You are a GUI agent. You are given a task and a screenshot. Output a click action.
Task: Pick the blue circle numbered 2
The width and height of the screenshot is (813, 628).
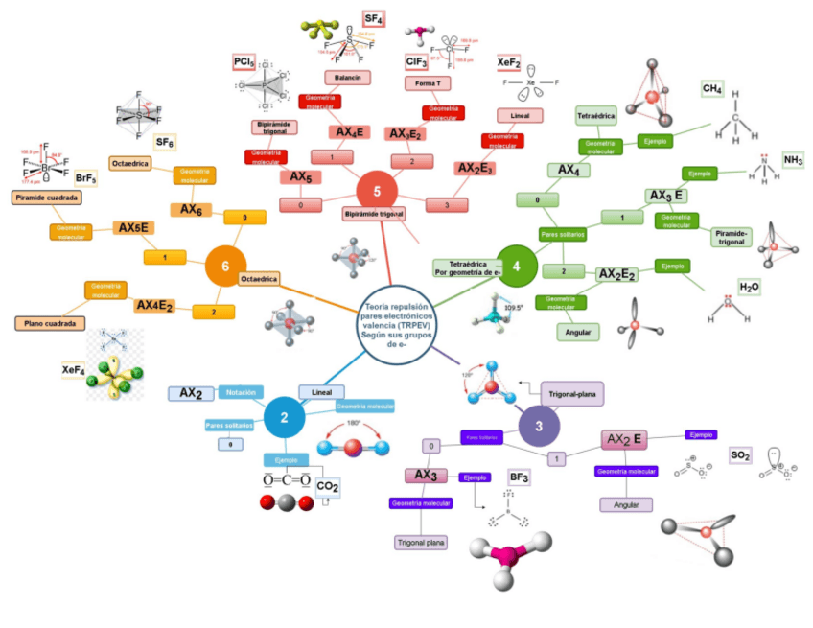(286, 417)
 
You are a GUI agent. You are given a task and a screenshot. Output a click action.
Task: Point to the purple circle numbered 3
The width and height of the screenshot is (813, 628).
(540, 426)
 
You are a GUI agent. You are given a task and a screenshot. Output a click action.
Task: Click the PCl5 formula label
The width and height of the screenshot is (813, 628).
(244, 62)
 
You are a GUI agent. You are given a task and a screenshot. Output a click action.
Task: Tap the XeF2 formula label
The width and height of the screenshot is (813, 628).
(508, 63)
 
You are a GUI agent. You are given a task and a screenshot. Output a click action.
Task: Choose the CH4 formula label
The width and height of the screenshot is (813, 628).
(712, 88)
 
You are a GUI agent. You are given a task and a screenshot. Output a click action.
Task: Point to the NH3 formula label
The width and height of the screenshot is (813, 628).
(793, 159)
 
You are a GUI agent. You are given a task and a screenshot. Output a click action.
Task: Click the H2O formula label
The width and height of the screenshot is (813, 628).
(749, 286)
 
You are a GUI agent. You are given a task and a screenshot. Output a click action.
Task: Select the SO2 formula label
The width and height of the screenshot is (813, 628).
(740, 454)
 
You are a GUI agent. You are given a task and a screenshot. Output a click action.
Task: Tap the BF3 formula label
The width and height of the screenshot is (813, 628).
(520, 477)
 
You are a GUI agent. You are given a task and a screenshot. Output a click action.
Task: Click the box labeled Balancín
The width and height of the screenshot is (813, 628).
(347, 77)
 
